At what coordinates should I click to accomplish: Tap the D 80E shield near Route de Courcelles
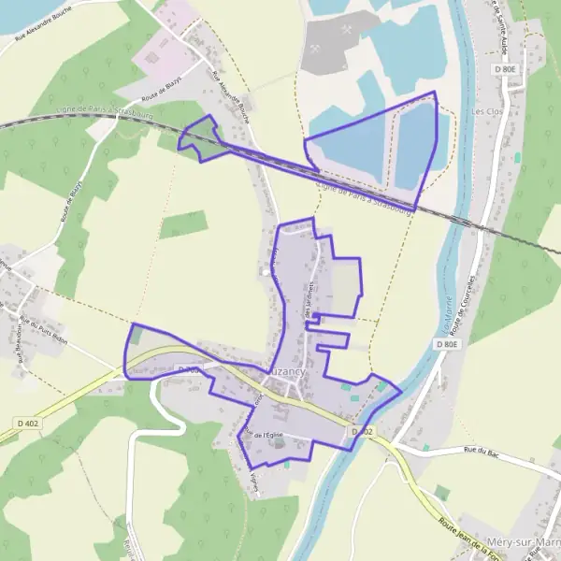pos(449,344)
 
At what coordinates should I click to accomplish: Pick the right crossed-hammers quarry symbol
pos(348,29)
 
